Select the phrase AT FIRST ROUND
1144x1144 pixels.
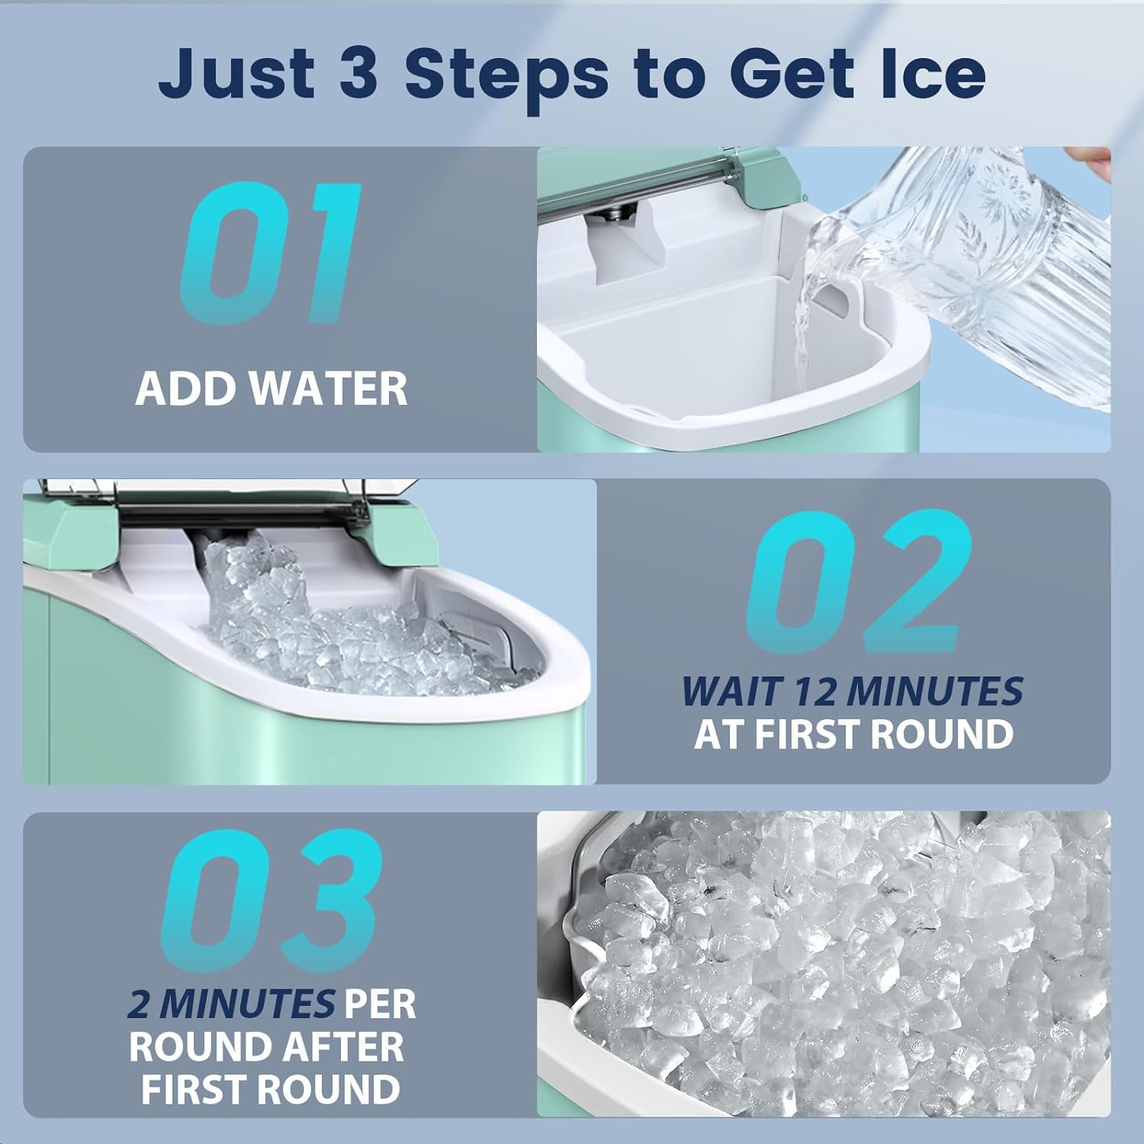[x=853, y=734]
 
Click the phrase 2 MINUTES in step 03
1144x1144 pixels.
[x=232, y=1004]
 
